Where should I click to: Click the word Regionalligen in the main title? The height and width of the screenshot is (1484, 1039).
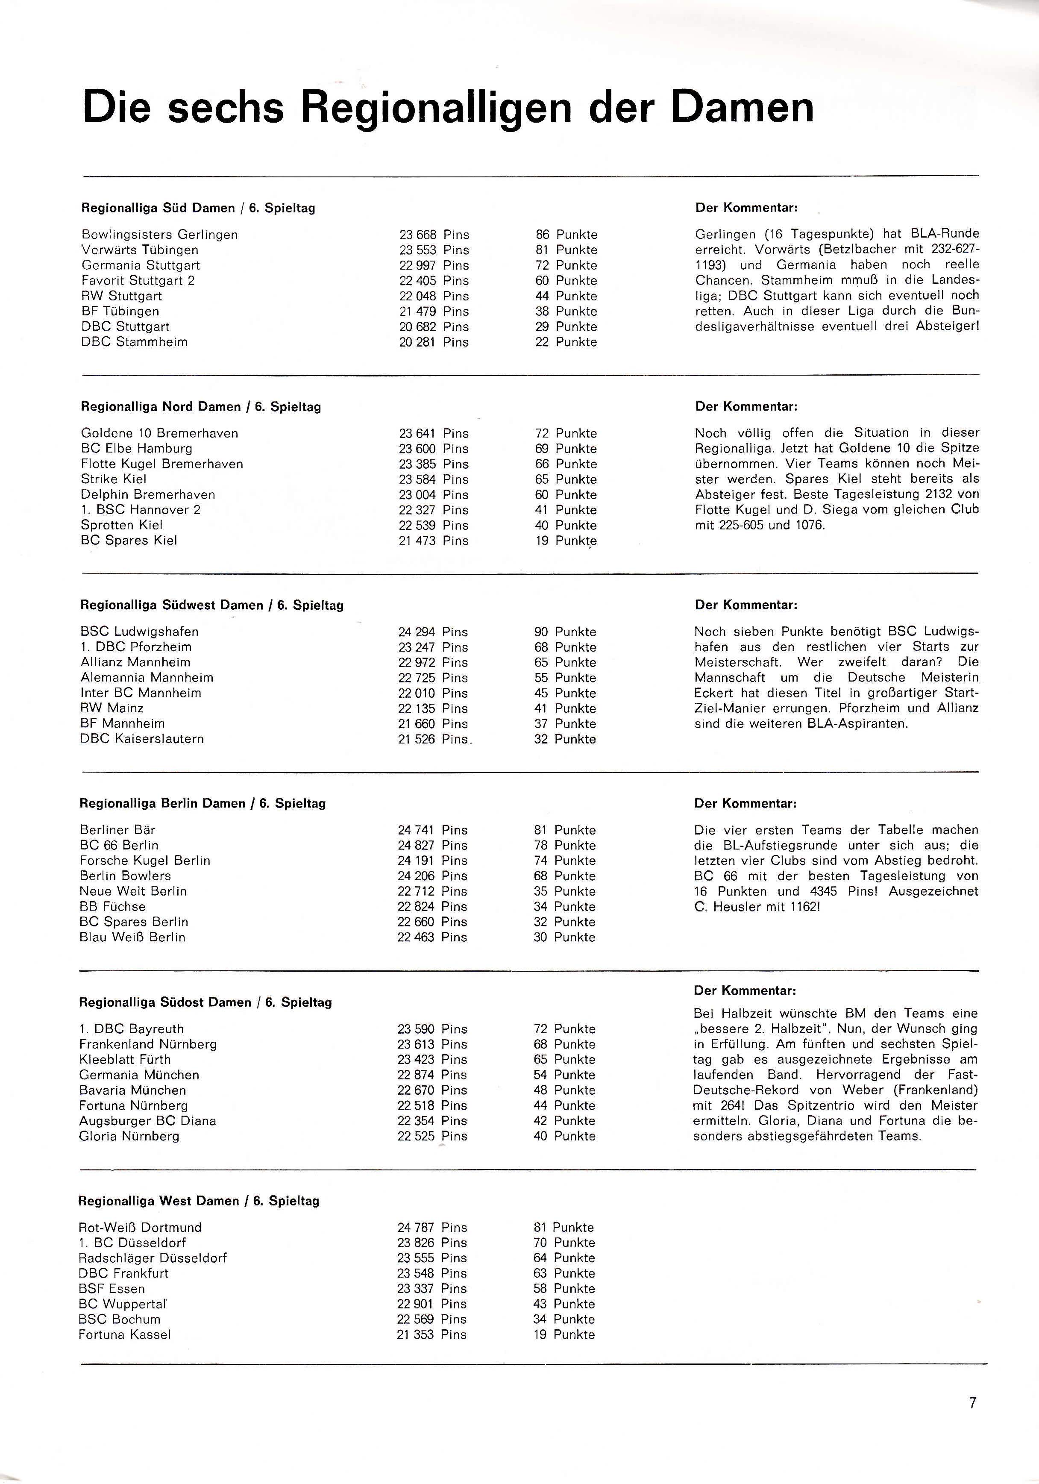click(436, 108)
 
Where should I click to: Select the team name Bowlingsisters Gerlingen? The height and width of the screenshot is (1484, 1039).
click(160, 235)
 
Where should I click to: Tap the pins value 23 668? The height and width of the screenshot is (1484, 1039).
click(417, 235)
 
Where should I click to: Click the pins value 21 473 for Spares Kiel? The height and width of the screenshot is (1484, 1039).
click(417, 541)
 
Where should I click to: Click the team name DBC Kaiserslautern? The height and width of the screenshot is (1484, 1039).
click(141, 739)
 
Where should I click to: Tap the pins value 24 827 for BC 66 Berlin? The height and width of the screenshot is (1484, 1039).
click(416, 846)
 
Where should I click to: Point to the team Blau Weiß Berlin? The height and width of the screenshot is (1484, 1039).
click(132, 937)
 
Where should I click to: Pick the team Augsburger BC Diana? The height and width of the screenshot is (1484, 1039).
click(147, 1121)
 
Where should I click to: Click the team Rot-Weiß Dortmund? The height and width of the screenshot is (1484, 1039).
click(140, 1227)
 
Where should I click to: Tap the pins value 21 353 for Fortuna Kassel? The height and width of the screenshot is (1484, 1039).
click(415, 1335)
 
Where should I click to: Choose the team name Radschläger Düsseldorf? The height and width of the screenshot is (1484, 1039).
click(153, 1258)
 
